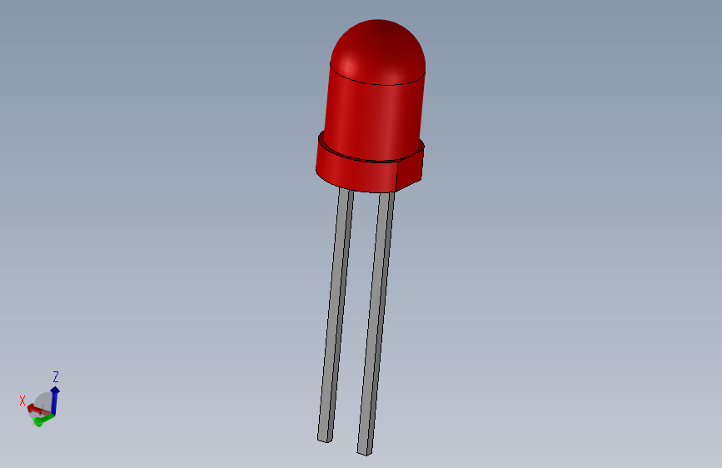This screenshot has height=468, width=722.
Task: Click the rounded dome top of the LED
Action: tap(379, 46)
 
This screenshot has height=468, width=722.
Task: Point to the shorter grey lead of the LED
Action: tap(336, 316)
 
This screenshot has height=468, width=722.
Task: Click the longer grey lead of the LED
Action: tap(376, 325)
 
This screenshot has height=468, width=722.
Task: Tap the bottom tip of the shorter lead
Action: tap(324, 437)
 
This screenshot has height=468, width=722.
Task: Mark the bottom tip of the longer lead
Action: tap(364, 451)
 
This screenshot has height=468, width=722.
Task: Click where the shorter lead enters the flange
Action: tap(346, 191)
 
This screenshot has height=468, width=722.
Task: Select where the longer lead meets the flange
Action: tap(386, 195)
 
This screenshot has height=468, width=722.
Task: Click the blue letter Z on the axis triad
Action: tap(56, 376)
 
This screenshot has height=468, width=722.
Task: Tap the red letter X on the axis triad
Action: tap(22, 401)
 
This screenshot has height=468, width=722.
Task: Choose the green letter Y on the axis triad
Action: tap(37, 422)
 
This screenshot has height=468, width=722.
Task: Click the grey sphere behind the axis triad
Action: tap(43, 401)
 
